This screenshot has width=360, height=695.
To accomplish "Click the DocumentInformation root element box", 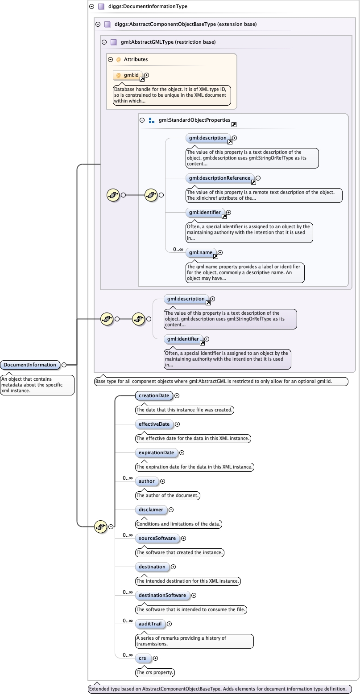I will [x=30, y=365].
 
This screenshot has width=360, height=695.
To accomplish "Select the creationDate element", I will [x=154, y=395].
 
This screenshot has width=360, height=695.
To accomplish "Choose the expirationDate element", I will [x=156, y=452].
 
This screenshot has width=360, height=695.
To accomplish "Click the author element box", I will [x=146, y=481].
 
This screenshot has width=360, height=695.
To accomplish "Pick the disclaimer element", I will [x=151, y=510].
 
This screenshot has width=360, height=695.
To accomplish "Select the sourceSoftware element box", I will [x=157, y=538].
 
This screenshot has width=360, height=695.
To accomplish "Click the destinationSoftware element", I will [x=162, y=595].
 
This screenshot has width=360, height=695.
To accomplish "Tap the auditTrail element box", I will [x=150, y=624].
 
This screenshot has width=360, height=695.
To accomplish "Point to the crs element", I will [x=142, y=658].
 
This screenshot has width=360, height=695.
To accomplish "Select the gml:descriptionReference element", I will [x=219, y=178].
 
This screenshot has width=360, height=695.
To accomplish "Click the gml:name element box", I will [x=201, y=253].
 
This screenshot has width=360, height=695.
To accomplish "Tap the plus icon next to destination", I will [x=174, y=567].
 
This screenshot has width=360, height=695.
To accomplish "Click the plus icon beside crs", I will [x=155, y=658].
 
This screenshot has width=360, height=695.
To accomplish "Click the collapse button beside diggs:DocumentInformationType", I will [x=91, y=7].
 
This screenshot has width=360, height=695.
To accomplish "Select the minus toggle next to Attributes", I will [x=110, y=59].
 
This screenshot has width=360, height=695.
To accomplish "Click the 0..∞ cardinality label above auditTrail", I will [x=128, y=621].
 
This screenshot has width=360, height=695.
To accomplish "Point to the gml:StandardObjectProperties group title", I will [x=194, y=120].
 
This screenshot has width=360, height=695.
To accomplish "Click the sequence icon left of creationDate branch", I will [x=100, y=526].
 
